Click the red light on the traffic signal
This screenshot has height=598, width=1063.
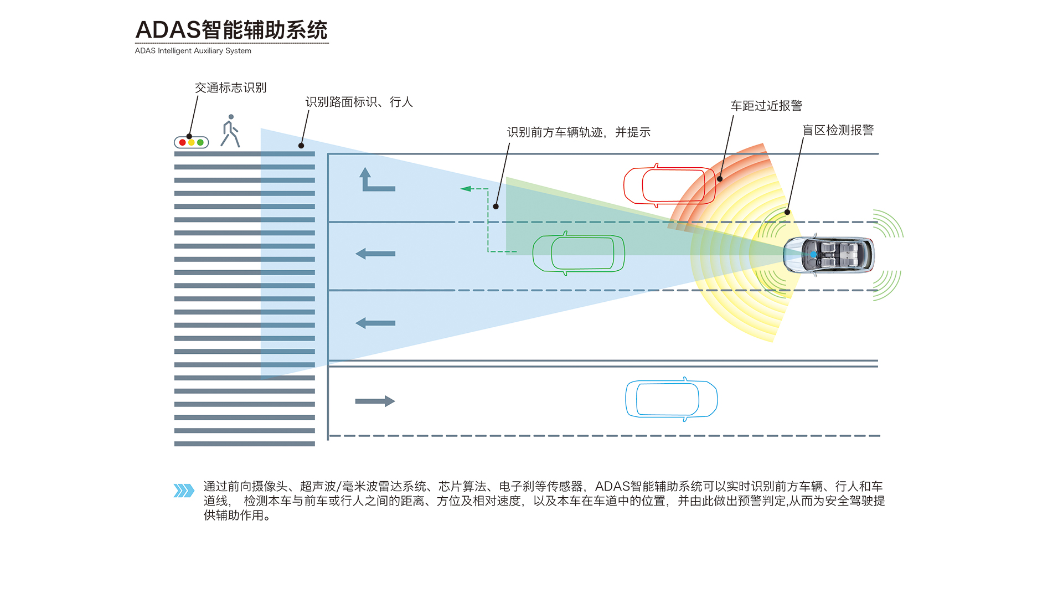tap(183, 143)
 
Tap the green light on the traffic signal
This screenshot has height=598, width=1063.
tap(200, 143)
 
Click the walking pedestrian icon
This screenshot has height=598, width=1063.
tap(230, 131)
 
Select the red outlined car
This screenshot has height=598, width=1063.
tap(669, 185)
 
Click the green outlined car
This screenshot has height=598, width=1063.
tap(579, 254)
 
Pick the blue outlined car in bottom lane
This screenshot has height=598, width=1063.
tap(671, 399)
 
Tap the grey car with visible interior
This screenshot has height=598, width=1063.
tap(829, 255)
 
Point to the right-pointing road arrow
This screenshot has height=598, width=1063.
tap(375, 401)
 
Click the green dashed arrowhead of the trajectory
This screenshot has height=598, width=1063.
tap(466, 189)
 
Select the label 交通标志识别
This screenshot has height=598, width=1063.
tap(230, 87)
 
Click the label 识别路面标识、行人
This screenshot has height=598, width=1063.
tap(359, 102)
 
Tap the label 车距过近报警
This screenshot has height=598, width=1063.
tap(766, 106)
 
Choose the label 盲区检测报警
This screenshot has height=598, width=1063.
tap(838, 130)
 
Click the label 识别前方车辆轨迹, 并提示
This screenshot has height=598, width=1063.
tap(579, 132)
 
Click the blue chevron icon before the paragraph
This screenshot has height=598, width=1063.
tap(184, 491)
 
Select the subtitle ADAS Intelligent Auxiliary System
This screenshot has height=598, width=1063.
tap(193, 51)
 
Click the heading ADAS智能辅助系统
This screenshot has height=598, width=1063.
tap(231, 30)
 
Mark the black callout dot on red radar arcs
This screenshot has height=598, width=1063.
tap(720, 179)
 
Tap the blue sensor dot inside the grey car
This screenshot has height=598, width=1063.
tap(813, 255)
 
